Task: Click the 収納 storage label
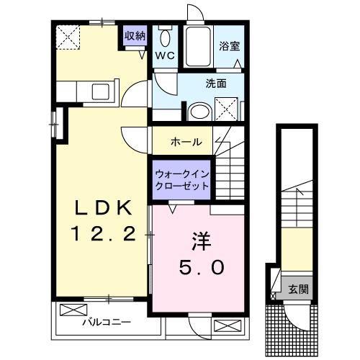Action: click(135, 36)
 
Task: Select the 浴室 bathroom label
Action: click(230, 45)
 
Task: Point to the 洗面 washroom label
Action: click(216, 84)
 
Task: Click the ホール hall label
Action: click(186, 142)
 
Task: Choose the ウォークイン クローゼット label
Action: click(182, 179)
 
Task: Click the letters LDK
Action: click(104, 208)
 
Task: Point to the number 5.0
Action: click(202, 267)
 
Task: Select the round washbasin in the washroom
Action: click(197, 111)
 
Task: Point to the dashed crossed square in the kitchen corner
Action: click(68, 36)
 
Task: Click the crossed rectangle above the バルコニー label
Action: click(73, 310)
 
